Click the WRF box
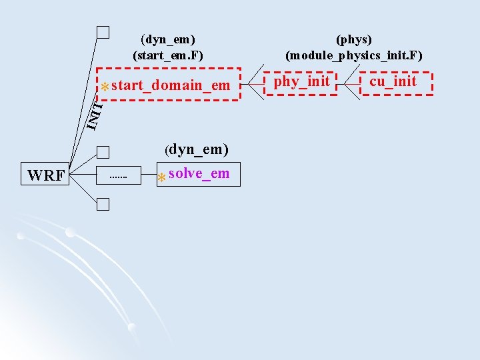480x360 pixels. point(46,176)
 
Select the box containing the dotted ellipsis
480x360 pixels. point(117,176)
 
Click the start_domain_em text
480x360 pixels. point(171,85)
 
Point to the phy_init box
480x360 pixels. point(301,83)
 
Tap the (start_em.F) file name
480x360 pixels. point(168,55)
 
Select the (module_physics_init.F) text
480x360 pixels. point(353,55)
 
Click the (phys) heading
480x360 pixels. point(354,40)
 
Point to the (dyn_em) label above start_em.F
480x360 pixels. point(172,40)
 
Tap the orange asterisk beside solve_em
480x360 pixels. point(161,178)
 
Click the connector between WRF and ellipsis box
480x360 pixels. point(83,176)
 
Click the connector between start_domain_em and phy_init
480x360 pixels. point(253,84)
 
